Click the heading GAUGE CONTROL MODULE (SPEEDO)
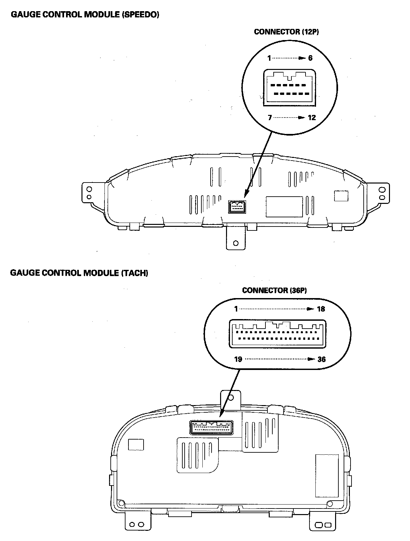(x=85, y=15)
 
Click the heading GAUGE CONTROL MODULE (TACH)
(x=79, y=273)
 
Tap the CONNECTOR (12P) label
(x=286, y=32)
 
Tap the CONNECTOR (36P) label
(x=274, y=291)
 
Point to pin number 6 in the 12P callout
(x=310, y=58)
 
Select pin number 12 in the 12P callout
(x=311, y=118)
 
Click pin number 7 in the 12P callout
(x=270, y=118)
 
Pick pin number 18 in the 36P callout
(x=321, y=309)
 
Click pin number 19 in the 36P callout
(x=238, y=359)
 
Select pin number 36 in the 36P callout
(x=321, y=359)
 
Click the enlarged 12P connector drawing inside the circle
(x=289, y=88)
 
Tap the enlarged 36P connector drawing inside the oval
(x=278, y=334)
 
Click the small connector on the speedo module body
(x=237, y=206)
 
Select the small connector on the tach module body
(x=212, y=427)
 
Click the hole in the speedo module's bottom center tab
(x=236, y=243)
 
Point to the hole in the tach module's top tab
(x=231, y=398)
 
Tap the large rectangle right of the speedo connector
(x=284, y=206)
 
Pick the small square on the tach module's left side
(x=136, y=444)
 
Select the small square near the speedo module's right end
(x=341, y=196)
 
